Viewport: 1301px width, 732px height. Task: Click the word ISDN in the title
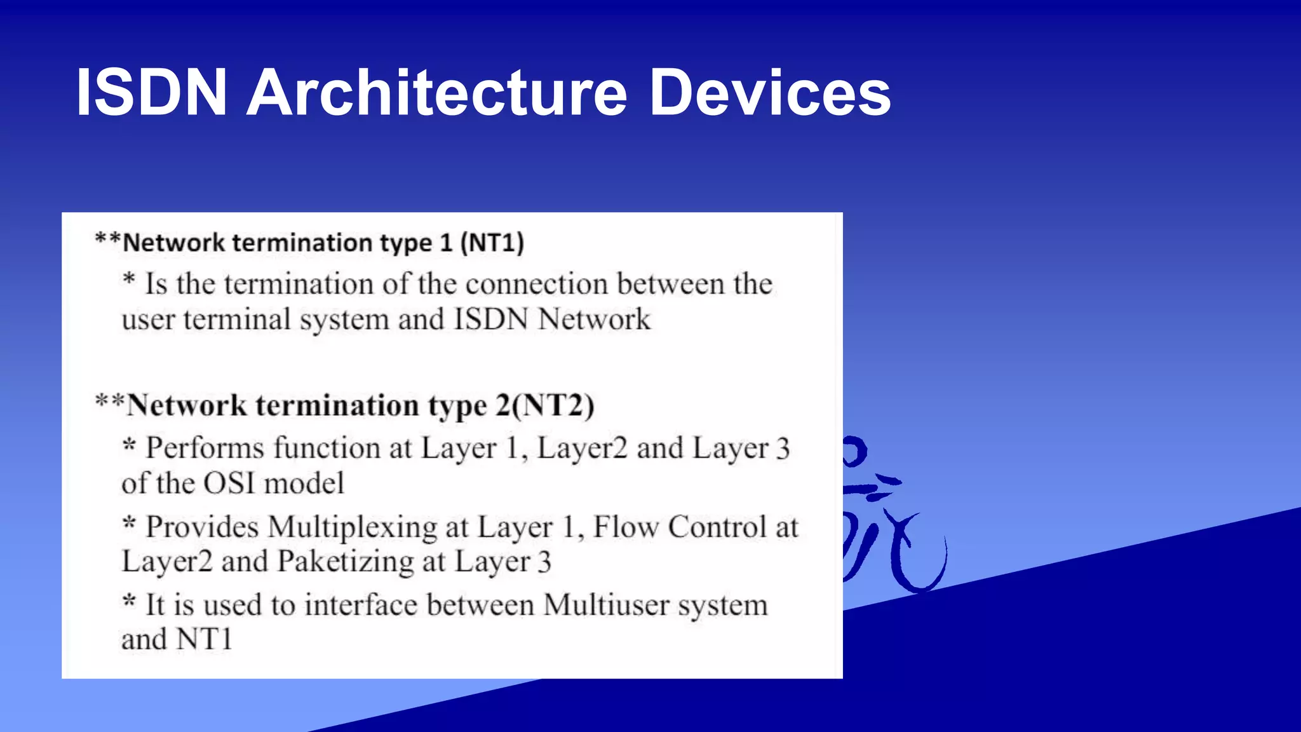click(151, 93)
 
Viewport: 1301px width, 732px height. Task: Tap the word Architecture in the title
click(437, 93)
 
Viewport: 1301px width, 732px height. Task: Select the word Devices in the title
click(770, 93)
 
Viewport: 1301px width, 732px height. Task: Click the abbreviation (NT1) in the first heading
click(492, 243)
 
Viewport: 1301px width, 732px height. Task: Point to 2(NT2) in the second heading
click(544, 405)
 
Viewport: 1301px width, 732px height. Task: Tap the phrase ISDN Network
click(552, 319)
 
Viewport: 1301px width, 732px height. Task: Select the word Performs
click(205, 448)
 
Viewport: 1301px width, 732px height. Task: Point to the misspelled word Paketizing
click(346, 562)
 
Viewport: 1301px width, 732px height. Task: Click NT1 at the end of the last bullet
click(204, 639)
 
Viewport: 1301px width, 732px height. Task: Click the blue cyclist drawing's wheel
click(919, 559)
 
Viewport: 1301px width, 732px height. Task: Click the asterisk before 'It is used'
click(129, 600)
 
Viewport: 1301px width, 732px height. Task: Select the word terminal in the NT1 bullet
click(237, 319)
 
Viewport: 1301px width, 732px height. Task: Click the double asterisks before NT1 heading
click(107, 240)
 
